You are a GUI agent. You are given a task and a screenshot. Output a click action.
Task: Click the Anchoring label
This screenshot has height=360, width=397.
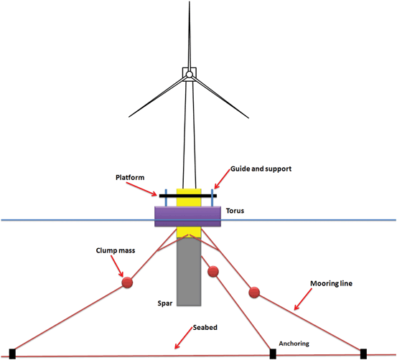295,343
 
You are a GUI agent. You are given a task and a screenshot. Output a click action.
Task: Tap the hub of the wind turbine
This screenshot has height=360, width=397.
187,74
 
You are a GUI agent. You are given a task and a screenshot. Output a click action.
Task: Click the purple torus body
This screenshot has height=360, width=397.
188,216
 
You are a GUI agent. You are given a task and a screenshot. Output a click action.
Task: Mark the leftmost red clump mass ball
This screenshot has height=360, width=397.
128,283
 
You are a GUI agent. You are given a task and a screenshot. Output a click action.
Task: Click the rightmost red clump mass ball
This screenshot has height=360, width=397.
253,293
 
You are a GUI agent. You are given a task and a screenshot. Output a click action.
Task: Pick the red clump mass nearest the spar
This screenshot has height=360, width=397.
212,272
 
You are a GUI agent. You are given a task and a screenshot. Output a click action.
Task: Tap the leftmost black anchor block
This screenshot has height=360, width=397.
13,353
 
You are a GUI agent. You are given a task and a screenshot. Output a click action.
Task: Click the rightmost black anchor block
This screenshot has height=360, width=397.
363,353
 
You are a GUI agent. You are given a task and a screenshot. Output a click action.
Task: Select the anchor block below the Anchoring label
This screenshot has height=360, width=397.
272,353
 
